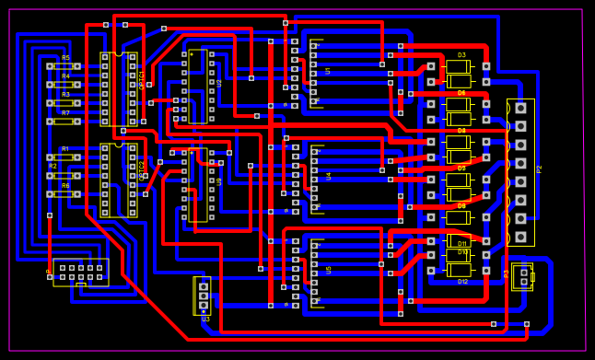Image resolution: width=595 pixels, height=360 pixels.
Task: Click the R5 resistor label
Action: [x=65, y=58]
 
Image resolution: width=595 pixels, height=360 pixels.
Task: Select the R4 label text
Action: [x=65, y=75]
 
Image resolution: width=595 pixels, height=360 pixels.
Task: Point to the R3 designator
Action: [x=65, y=94]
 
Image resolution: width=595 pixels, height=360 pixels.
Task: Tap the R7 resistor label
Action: [x=65, y=112]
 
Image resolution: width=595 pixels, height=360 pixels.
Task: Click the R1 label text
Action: [x=65, y=148]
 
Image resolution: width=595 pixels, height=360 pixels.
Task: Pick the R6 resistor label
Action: [x=65, y=185]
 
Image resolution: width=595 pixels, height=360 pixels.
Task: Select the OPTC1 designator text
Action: [x=142, y=81]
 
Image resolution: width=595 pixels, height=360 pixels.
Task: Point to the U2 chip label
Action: [x=219, y=83]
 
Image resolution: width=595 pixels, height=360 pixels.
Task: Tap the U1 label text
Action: [x=328, y=70]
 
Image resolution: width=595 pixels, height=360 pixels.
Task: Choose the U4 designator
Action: [x=329, y=175]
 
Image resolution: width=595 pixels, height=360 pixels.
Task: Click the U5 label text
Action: [x=329, y=269]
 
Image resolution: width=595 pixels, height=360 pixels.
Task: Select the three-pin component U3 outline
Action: [x=203, y=295]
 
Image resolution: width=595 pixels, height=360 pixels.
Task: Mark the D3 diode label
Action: [x=461, y=55]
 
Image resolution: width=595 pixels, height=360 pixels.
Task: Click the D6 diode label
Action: [x=461, y=93]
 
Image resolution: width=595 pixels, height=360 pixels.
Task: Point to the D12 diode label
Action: [x=462, y=281]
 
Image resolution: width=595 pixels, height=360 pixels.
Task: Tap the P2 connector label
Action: [x=539, y=168]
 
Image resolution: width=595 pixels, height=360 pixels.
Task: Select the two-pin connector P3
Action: [x=523, y=276]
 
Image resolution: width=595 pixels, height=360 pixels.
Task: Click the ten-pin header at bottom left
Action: [x=81, y=272]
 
